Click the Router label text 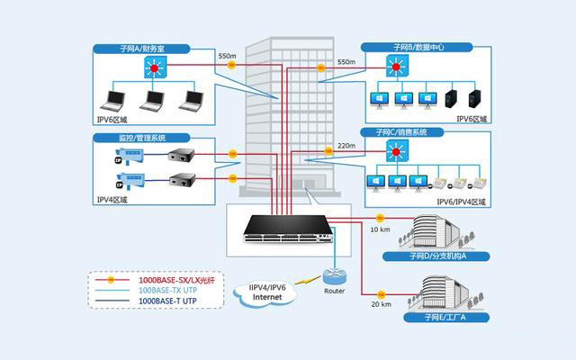pyautogui.click(x=335, y=292)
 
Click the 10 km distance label pyautogui.click(x=380, y=230)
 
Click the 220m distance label pyautogui.click(x=346, y=146)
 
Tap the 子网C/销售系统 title pyautogui.click(x=418, y=132)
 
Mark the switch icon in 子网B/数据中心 pyautogui.click(x=397, y=67)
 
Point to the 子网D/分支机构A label pyautogui.click(x=436, y=256)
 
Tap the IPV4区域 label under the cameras pyautogui.click(x=112, y=199)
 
